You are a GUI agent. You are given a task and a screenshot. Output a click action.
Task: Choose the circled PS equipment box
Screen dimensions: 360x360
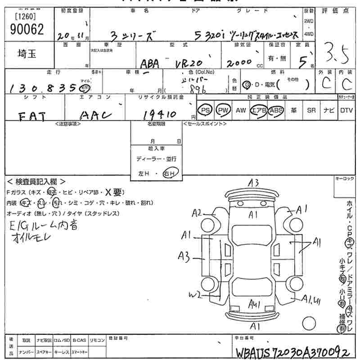tap(206, 110)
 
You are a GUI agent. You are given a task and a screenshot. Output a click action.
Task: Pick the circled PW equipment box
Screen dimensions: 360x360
tap(222, 110)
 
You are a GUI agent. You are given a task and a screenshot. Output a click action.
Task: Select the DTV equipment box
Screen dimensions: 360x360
tap(346, 110)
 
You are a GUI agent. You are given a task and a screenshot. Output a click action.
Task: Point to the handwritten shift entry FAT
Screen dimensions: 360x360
tap(32, 116)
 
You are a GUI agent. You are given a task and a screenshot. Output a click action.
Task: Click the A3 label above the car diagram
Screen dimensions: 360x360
tap(253, 182)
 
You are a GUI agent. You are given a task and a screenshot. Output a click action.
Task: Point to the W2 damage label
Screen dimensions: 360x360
tap(195, 295)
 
